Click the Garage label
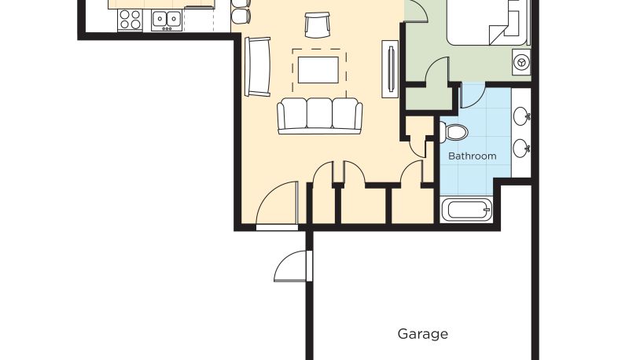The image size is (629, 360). [423, 334]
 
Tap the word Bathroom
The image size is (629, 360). [473, 156]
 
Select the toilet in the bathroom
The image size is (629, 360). [454, 132]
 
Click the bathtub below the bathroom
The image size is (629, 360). [466, 210]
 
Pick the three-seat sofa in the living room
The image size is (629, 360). [320, 116]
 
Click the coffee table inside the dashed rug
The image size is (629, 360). [318, 70]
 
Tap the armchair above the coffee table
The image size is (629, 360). [318, 25]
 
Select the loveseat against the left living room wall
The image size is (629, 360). [258, 67]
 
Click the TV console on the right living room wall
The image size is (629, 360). [390, 68]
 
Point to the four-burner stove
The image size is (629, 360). [130, 20]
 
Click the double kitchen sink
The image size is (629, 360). [167, 20]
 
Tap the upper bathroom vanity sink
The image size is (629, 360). [521, 116]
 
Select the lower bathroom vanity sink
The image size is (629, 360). [521, 148]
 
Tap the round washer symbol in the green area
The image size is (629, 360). [521, 62]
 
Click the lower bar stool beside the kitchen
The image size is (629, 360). [241, 16]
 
